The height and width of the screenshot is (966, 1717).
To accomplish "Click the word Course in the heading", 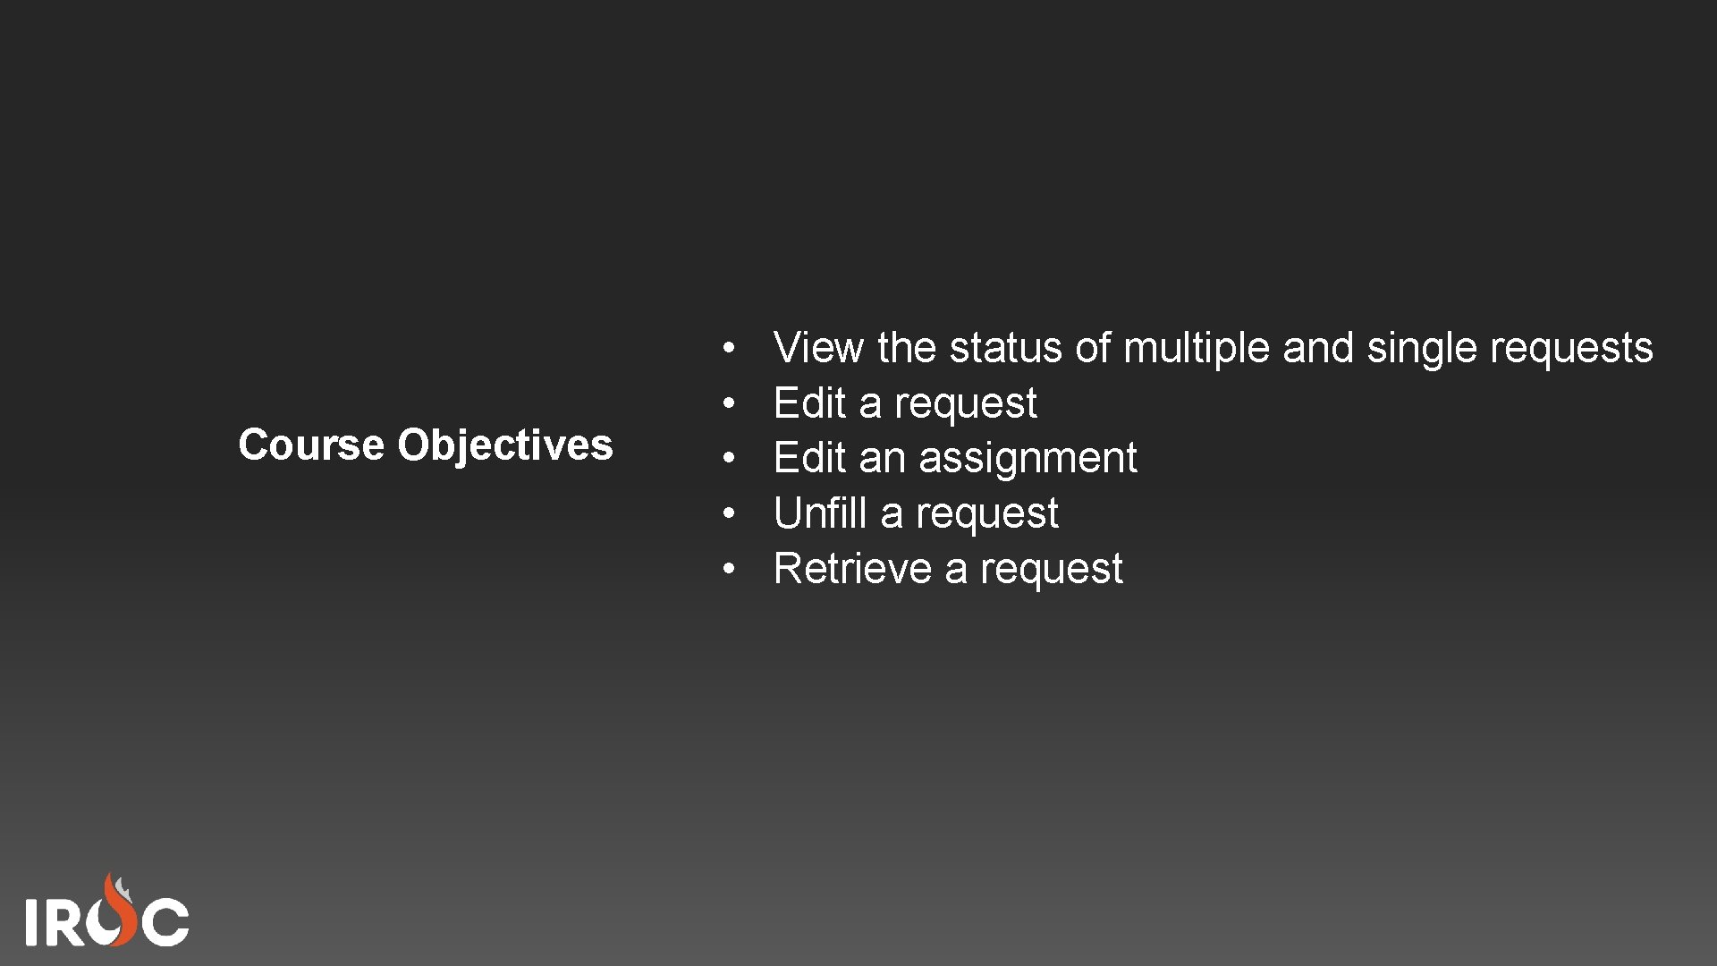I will tap(309, 445).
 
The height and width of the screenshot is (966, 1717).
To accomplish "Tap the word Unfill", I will tap(820, 513).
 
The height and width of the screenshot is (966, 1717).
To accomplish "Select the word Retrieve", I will tap(852, 569).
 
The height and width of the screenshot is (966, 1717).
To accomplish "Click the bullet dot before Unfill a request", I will tap(730, 513).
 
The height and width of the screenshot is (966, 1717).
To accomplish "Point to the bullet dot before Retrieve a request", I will tap(730, 569).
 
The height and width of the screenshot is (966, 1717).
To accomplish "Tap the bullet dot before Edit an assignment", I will tap(730, 458).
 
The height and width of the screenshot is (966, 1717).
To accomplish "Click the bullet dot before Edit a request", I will tap(730, 403).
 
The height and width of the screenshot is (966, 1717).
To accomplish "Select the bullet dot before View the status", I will tap(730, 348).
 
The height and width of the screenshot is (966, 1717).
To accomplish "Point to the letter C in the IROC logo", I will tap(166, 921).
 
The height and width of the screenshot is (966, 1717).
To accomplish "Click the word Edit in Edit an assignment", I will tap(809, 458).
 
